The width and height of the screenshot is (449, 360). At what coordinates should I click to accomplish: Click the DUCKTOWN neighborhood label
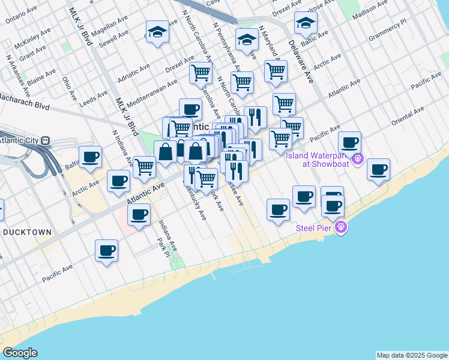(x=26, y=232)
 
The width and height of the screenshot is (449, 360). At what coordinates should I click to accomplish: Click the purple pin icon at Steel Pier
(x=342, y=228)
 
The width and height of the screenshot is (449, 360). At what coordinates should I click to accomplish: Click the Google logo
(x=19, y=353)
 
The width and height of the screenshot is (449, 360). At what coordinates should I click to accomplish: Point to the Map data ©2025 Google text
(x=412, y=355)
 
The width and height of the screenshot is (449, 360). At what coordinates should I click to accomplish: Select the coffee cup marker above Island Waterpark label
(x=349, y=143)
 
